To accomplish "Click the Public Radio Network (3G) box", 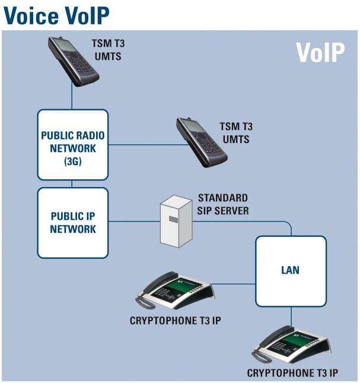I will (73, 144).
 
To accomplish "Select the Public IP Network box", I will (73, 223).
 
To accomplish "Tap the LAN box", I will (291, 271).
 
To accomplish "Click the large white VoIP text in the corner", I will (320, 52).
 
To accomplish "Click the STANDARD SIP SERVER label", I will (222, 204).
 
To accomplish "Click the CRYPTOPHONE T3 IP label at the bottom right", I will (293, 373).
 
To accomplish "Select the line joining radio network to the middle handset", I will (142, 144).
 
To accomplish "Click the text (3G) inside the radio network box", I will (73, 160).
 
